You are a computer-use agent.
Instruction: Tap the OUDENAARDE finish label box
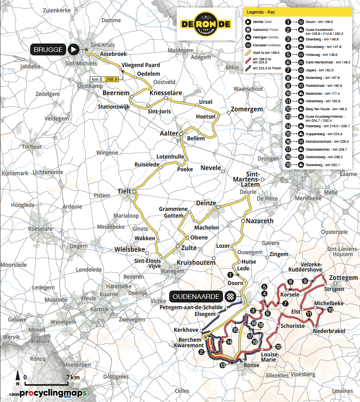coord(196,297)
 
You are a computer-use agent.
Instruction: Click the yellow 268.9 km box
coord(112,79)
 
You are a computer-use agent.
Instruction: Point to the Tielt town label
coord(124,191)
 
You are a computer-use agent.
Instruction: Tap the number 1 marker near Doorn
coord(230,274)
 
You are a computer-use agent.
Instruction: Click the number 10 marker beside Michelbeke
coord(330,310)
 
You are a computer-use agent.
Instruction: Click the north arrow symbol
coord(17,379)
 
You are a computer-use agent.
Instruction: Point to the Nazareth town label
coord(259,221)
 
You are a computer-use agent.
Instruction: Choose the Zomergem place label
coord(246,109)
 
